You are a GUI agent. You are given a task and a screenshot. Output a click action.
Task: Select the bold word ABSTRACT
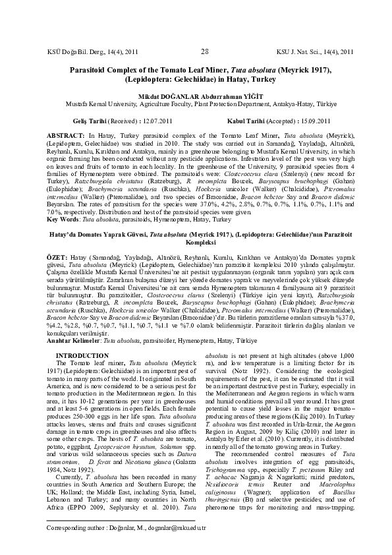[x=65, y=134]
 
